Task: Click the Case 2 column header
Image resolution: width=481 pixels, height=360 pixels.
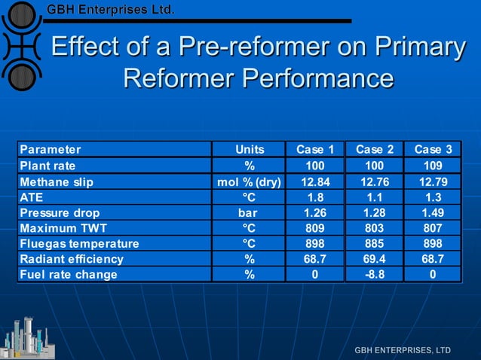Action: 375,149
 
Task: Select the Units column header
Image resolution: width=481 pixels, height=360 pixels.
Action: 250,149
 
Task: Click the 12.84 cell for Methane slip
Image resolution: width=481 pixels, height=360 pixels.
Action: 316,181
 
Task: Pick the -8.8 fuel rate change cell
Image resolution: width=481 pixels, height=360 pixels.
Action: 375,274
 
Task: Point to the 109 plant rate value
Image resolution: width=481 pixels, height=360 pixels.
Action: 433,165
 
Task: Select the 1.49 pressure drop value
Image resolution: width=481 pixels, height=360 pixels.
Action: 433,212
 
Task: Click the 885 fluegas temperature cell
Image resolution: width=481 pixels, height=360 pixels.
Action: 375,243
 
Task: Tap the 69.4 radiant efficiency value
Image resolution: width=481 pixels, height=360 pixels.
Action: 375,258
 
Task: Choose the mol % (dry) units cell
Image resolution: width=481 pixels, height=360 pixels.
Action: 250,181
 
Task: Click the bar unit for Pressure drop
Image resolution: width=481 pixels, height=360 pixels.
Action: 250,212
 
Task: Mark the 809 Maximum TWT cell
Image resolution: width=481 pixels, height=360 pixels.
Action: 316,227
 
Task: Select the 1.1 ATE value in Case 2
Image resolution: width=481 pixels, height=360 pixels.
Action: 375,197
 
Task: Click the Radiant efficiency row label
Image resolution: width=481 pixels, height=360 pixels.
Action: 72,258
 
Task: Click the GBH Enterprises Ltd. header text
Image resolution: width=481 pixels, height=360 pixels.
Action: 111,10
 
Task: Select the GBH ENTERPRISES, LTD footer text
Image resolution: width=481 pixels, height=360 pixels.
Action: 403,350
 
